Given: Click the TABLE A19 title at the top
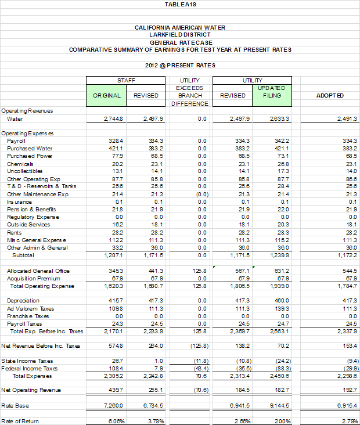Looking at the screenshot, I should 180,5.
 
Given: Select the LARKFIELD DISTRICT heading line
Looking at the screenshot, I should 180,35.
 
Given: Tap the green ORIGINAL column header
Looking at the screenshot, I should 107,95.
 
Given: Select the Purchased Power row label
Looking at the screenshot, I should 30,156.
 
